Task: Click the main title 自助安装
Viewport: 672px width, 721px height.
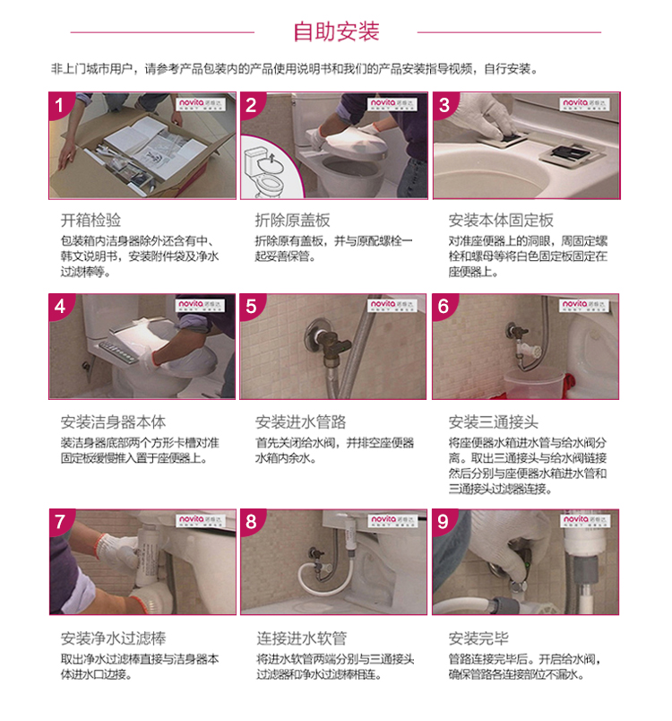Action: tap(336, 31)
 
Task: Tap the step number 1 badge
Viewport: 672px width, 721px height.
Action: tap(59, 105)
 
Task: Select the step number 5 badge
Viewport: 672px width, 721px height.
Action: tap(251, 306)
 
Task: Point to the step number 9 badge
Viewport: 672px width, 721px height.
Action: tap(443, 521)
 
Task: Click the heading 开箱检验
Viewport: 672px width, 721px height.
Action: tap(91, 221)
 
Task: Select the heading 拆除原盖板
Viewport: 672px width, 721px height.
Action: tap(293, 221)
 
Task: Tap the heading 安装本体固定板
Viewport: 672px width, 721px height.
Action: tap(501, 221)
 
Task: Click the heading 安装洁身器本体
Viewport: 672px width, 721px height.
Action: tap(113, 421)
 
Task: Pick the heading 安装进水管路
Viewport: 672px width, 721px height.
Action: tap(300, 421)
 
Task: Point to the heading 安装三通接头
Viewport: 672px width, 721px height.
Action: tap(494, 421)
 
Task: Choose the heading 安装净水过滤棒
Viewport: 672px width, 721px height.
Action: tap(113, 638)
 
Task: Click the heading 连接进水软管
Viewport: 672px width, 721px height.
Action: tap(301, 638)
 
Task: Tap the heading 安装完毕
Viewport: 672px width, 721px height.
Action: tap(478, 638)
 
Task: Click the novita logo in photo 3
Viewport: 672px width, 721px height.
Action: tap(584, 104)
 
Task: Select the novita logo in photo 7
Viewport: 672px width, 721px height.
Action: tap(201, 520)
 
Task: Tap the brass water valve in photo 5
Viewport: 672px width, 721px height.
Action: tap(327, 343)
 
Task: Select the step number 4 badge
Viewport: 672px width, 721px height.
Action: tap(60, 306)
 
